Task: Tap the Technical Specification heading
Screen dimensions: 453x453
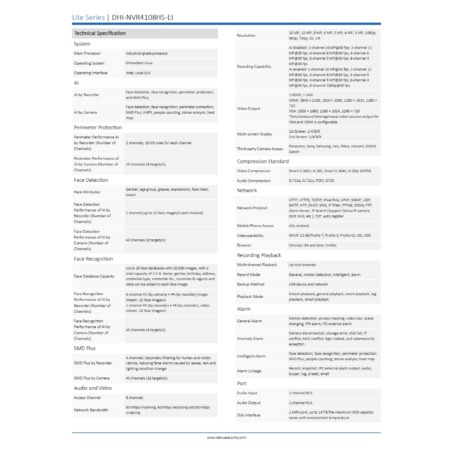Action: point(100,33)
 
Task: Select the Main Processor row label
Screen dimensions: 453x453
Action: point(87,54)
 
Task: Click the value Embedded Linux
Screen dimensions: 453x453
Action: point(139,63)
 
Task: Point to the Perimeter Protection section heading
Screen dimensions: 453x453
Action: point(98,127)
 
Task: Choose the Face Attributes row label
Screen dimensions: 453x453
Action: point(87,192)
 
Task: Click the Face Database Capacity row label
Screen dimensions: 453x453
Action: point(94,276)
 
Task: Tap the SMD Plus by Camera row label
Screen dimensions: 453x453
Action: point(92,378)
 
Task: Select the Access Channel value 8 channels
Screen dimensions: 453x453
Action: point(134,398)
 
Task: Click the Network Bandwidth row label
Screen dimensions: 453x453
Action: point(91,410)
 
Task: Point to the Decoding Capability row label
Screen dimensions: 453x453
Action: point(254,67)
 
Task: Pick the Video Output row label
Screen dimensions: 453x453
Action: point(249,109)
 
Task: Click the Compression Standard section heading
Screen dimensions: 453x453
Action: point(263,161)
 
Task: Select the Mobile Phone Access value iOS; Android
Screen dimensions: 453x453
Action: point(299,226)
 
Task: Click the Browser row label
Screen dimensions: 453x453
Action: point(244,246)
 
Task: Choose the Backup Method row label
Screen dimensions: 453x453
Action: point(251,284)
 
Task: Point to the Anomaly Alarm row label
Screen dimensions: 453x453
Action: point(250,339)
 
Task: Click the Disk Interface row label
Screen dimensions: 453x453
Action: point(249,415)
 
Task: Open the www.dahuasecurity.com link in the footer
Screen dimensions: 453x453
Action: point(226,438)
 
